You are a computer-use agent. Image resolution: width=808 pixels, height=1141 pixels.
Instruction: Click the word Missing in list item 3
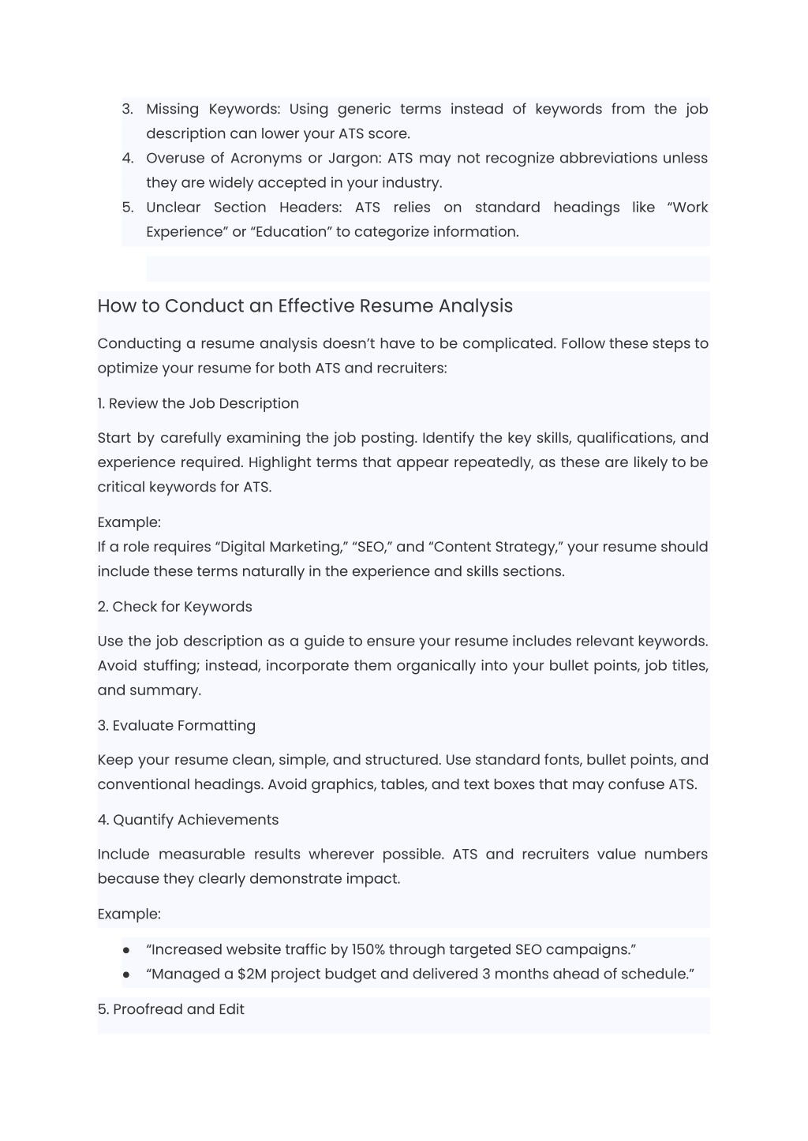point(173,109)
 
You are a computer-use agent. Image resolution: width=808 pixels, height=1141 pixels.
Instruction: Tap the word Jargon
point(354,158)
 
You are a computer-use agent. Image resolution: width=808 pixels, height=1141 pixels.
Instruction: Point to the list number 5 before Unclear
point(128,207)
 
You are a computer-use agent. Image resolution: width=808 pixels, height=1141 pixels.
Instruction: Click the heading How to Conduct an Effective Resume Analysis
point(305,305)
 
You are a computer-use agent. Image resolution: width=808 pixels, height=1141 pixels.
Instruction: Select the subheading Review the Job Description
point(198,403)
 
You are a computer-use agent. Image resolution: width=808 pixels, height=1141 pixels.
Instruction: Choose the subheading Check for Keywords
point(174,606)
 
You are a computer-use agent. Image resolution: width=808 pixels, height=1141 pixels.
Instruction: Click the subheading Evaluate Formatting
point(177,725)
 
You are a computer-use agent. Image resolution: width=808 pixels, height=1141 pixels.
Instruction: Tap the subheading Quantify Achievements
point(188,819)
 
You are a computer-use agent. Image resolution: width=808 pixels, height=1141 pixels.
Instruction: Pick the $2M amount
point(252,973)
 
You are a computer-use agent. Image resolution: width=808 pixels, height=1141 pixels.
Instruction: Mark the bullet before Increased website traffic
point(126,949)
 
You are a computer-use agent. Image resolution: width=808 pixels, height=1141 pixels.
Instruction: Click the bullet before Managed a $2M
point(126,974)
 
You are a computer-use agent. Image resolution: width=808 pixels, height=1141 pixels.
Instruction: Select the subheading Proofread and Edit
point(171,1008)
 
